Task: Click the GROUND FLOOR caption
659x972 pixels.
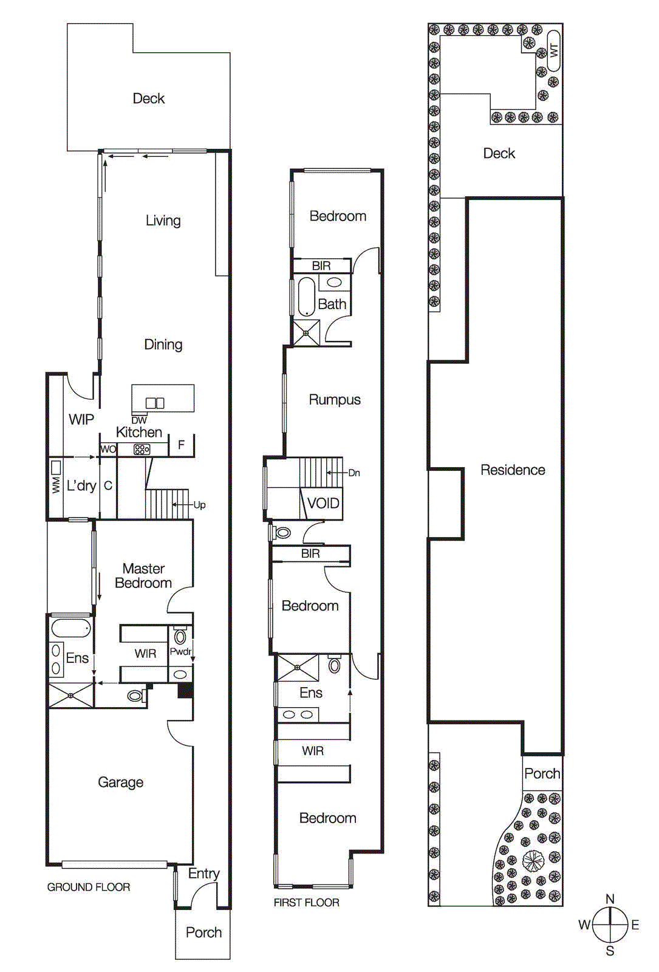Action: (x=89, y=887)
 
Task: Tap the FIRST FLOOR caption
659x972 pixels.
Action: (x=306, y=902)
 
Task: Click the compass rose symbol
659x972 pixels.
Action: (x=610, y=925)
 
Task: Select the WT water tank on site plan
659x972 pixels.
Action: (x=553, y=50)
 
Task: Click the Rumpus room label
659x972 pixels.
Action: (x=335, y=400)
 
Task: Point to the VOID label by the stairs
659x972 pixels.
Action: (x=323, y=503)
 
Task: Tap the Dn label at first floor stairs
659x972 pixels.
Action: (x=354, y=473)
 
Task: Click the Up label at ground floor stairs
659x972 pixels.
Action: (x=199, y=505)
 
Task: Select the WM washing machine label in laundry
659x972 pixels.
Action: (x=56, y=484)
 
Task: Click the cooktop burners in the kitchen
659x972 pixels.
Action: (x=142, y=450)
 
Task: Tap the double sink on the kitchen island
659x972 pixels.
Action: (x=155, y=403)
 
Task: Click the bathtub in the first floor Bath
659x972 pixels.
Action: (x=307, y=297)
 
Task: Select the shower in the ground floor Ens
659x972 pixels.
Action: (x=71, y=696)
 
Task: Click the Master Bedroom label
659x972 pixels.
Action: (x=143, y=575)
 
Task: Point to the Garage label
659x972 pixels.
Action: (x=120, y=782)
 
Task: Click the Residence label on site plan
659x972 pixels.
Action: (x=513, y=470)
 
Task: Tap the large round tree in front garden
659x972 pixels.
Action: (x=533, y=861)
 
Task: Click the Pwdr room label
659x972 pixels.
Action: (x=180, y=651)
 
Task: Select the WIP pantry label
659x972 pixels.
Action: (x=81, y=419)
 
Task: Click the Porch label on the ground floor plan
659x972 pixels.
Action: (x=203, y=933)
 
